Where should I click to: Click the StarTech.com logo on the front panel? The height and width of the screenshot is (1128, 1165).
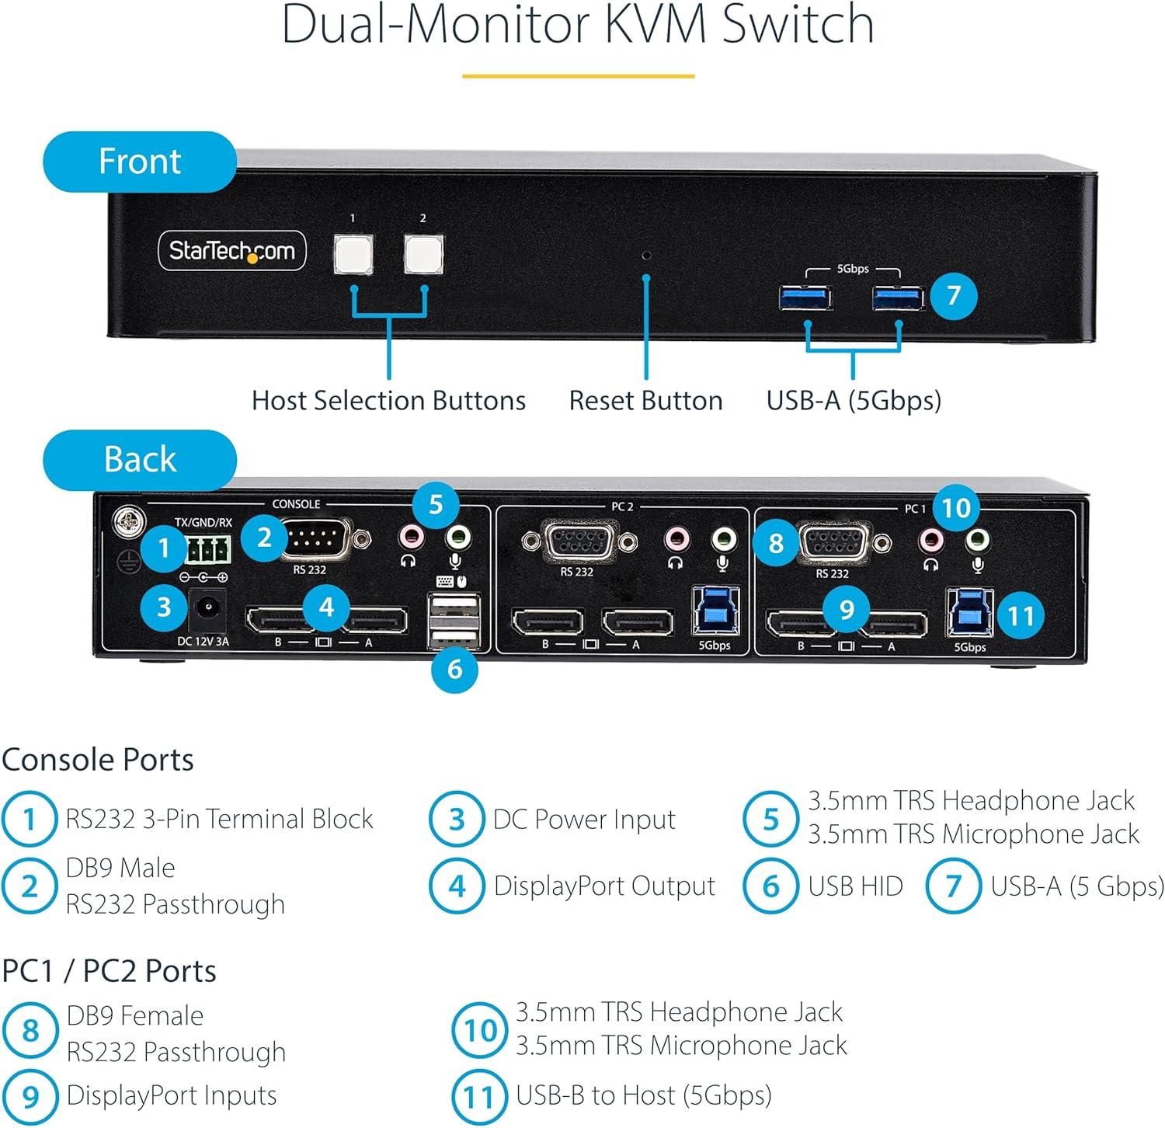(x=232, y=250)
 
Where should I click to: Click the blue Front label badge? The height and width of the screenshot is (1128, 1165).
(x=140, y=162)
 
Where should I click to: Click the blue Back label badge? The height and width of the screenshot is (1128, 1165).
(x=140, y=459)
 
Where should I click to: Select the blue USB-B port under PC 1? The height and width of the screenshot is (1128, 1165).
(x=969, y=613)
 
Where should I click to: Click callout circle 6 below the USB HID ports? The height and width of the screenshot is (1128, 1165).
(x=455, y=668)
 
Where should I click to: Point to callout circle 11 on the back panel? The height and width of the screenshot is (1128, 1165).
(x=1021, y=616)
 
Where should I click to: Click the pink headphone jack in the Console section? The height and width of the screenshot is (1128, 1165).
(x=409, y=536)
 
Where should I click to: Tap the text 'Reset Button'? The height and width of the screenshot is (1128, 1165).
(x=646, y=401)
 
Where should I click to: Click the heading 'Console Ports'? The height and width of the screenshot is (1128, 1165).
(x=98, y=760)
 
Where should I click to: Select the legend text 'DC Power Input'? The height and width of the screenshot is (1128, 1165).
(x=584, y=820)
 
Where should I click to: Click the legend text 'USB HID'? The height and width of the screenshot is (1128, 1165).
(x=855, y=886)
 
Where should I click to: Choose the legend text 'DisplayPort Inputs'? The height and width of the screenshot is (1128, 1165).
(x=172, y=1095)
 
